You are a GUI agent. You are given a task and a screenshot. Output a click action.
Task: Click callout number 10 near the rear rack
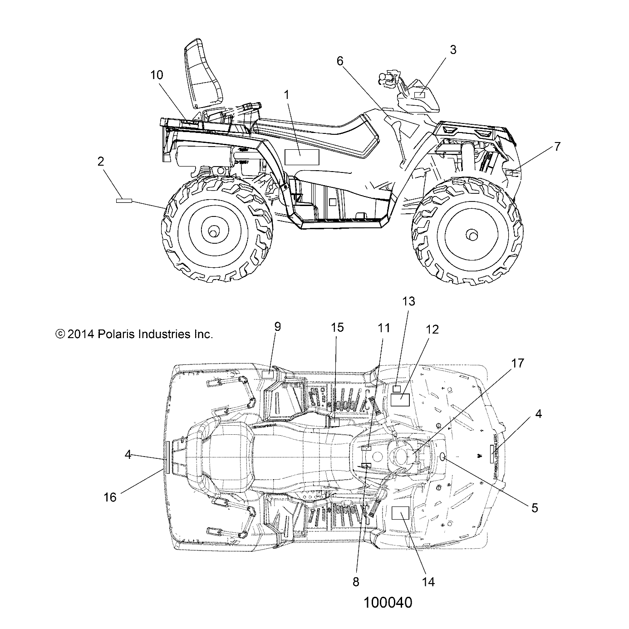click(x=157, y=75)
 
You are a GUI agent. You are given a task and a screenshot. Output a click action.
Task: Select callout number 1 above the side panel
click(x=286, y=95)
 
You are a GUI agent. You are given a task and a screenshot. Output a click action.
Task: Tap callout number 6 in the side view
click(x=340, y=61)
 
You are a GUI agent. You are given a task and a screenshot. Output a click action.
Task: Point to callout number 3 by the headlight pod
click(x=453, y=50)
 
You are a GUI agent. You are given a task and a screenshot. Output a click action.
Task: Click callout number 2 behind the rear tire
click(x=101, y=161)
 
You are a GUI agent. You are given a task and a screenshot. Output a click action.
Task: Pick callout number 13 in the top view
click(x=408, y=301)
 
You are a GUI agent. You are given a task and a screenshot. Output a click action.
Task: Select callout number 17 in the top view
click(x=517, y=363)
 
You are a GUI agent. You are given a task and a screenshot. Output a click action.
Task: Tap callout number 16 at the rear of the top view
click(x=110, y=497)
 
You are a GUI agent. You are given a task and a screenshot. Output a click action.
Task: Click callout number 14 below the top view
click(x=428, y=582)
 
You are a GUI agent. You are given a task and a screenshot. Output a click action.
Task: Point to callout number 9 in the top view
click(x=277, y=327)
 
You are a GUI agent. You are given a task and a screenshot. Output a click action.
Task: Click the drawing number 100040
click(x=388, y=603)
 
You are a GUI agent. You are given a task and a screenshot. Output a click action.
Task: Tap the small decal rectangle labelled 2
click(x=124, y=200)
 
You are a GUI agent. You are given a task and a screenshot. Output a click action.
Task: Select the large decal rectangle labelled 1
click(x=302, y=157)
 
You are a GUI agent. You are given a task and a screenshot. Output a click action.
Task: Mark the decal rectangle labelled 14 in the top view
click(x=400, y=513)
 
